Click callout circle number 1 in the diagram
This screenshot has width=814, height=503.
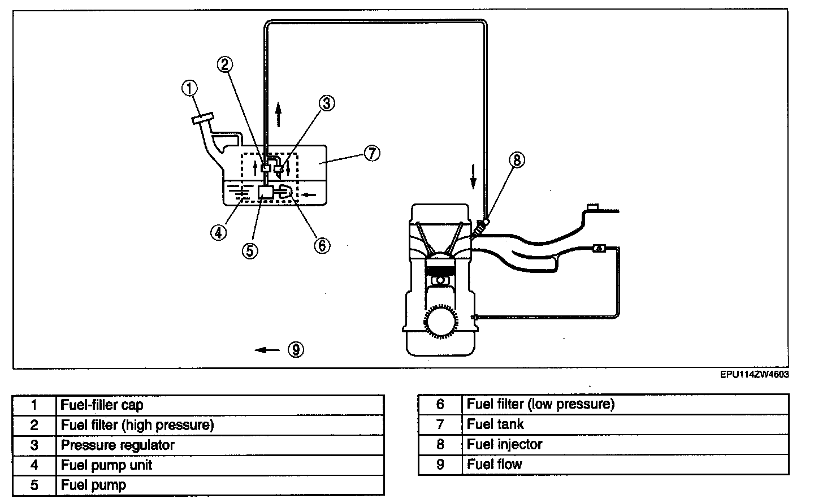(189, 88)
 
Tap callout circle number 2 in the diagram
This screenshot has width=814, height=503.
(225, 64)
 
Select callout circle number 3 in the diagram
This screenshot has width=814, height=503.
(327, 103)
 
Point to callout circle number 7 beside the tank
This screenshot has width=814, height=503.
(372, 153)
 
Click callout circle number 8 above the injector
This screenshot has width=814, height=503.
(517, 160)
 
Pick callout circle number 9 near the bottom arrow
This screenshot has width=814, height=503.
(296, 350)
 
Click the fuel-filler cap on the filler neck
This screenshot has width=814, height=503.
(203, 119)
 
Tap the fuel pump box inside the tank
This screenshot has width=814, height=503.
(266, 192)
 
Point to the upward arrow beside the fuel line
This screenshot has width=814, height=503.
(278, 115)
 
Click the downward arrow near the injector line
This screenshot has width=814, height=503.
(473, 177)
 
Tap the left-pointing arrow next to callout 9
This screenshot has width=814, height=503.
(267, 350)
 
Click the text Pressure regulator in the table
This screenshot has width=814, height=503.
(118, 445)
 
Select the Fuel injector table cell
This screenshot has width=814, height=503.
(625, 444)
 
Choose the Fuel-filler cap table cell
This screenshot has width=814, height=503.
(220, 405)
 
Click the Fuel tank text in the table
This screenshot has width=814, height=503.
(495, 424)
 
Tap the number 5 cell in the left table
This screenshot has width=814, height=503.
(34, 485)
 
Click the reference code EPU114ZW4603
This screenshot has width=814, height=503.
(755, 375)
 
